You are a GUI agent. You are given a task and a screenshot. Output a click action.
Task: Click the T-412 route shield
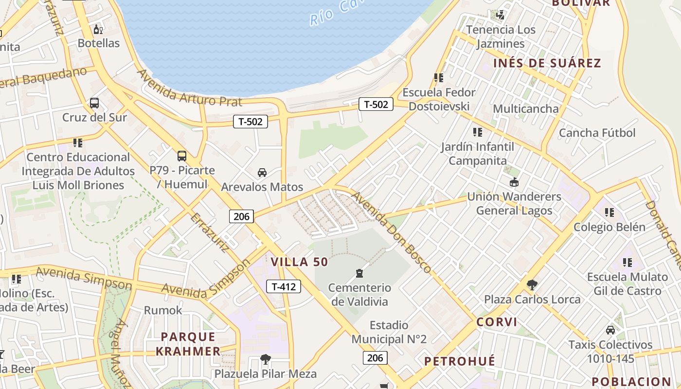point(284,286)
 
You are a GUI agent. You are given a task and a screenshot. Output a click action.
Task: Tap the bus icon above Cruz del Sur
point(94,103)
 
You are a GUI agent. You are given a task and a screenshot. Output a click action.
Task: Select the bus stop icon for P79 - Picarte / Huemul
point(182,156)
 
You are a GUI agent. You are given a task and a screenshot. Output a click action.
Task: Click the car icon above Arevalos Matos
point(262,172)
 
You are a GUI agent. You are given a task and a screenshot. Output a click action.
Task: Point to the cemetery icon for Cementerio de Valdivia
point(359,273)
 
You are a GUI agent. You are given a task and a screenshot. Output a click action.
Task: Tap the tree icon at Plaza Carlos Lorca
point(532,284)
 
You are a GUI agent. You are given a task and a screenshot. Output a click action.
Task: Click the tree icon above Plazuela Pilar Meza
point(266,359)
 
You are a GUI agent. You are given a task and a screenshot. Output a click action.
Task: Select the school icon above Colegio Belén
point(609,212)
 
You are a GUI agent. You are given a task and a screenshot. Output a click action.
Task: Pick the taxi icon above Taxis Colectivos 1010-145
point(610,330)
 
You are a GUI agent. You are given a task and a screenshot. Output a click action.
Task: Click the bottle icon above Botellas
point(98,29)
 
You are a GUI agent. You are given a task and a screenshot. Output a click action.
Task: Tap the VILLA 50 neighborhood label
point(299,262)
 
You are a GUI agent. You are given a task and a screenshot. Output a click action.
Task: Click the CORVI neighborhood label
point(497,322)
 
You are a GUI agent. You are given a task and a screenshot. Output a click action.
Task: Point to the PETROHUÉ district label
point(460,361)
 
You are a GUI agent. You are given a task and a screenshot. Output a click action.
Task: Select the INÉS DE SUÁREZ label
point(547,63)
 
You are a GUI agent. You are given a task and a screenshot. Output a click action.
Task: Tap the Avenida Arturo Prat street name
point(190,88)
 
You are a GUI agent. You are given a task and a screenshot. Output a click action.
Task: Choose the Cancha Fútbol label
point(597,133)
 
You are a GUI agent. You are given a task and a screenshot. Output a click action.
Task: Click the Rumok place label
point(163,310)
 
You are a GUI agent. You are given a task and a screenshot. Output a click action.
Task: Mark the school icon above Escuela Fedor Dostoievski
point(439,78)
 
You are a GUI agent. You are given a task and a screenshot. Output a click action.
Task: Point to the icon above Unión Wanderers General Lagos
point(514,182)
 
